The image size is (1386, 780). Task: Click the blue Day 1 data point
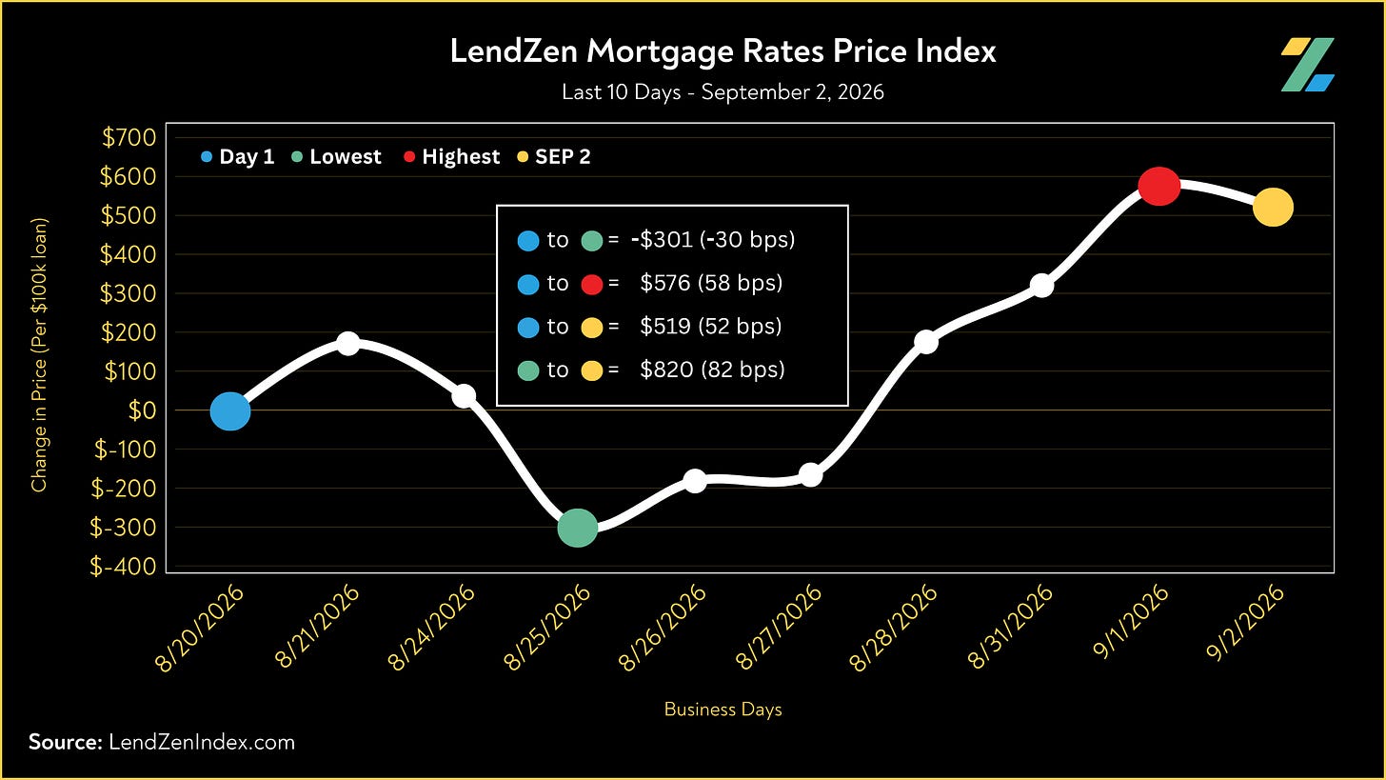coord(230,411)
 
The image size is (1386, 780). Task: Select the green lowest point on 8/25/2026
coord(577,528)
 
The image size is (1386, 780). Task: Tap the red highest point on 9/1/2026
coord(1159,186)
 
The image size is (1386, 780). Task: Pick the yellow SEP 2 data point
coord(1273,208)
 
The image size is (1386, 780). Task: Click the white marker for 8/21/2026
coord(347,343)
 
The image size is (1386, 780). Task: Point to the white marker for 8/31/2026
coord(1042,286)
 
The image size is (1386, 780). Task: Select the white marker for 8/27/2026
coord(811,475)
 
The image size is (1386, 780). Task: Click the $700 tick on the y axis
coord(129,137)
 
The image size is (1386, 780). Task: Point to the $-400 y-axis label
coord(123,567)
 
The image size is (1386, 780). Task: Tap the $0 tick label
coord(142,410)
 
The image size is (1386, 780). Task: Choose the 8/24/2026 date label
coord(431,627)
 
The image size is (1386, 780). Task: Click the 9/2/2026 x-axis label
coord(1245,623)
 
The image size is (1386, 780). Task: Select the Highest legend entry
coord(451,156)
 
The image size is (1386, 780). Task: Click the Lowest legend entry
coord(337,156)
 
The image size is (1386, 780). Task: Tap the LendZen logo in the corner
coord(1307,65)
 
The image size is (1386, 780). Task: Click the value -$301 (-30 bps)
coord(713,240)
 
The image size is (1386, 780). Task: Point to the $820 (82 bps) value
coord(712,370)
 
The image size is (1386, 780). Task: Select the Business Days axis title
coord(723,710)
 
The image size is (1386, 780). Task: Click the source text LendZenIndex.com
coord(202,742)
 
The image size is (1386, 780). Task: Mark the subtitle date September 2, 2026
coord(793,92)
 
